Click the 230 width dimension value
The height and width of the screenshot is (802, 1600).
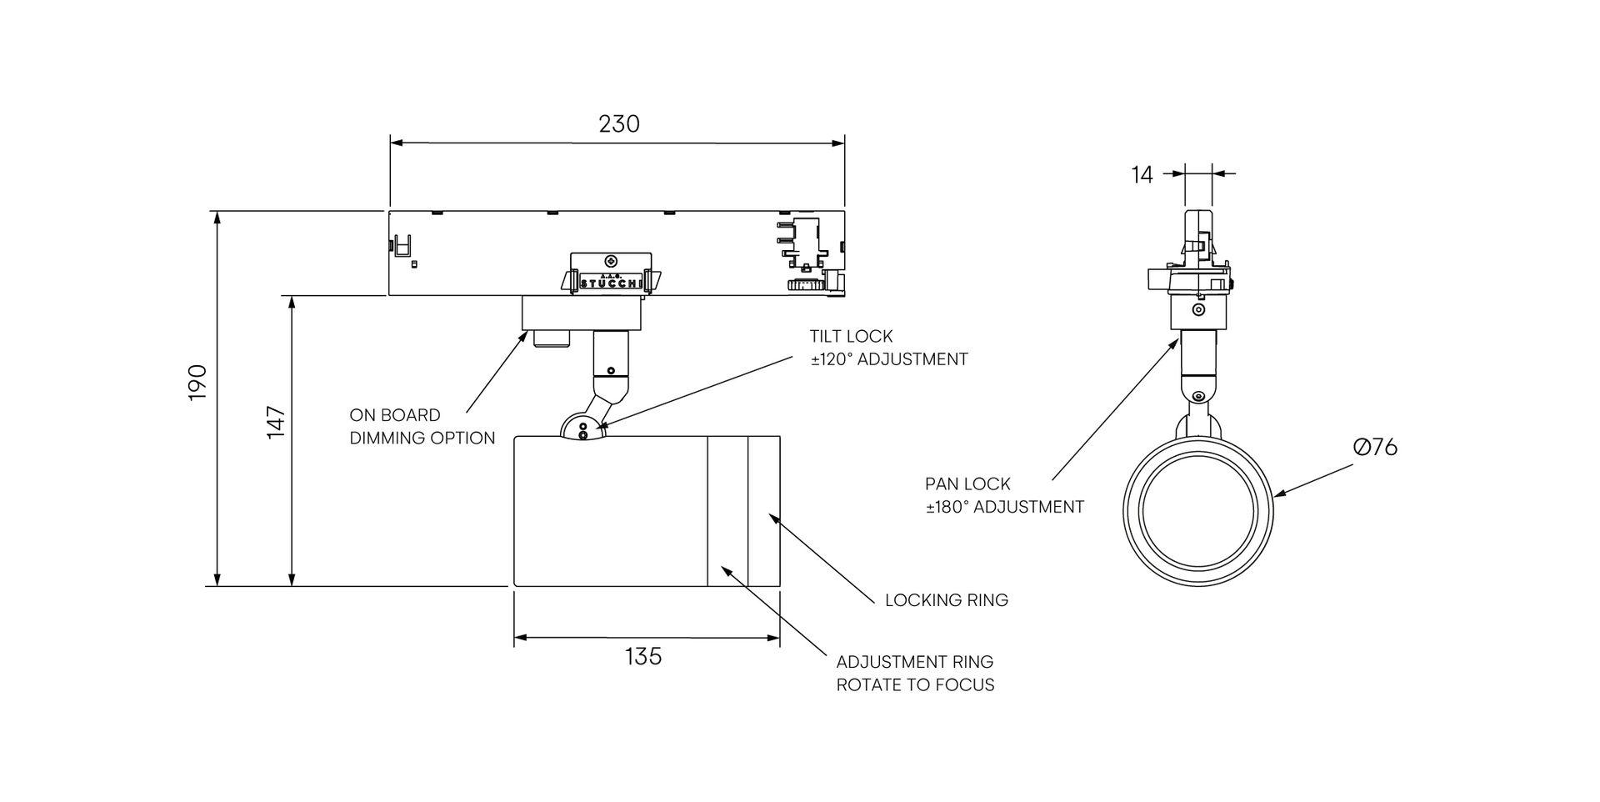(619, 124)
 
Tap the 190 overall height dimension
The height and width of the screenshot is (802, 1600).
(197, 382)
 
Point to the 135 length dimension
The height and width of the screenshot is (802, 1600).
(643, 657)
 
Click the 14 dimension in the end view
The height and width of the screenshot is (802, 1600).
(1142, 175)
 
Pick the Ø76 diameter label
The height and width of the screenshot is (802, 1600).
(1375, 448)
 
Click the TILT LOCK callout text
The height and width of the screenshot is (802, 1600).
(851, 336)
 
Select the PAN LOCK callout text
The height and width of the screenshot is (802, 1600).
(967, 484)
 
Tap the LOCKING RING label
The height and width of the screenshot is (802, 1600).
(946, 600)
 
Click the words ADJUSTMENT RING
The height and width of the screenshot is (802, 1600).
(914, 662)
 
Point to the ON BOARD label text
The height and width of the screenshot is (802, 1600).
(395, 415)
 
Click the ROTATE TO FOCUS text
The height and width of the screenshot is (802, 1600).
(915, 685)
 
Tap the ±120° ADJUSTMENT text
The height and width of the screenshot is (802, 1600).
(888, 359)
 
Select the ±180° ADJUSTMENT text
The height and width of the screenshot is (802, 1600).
(1004, 507)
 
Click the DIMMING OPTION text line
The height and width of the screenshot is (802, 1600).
(422, 439)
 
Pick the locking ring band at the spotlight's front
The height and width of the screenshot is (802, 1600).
(763, 510)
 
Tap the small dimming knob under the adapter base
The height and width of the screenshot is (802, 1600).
(551, 338)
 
